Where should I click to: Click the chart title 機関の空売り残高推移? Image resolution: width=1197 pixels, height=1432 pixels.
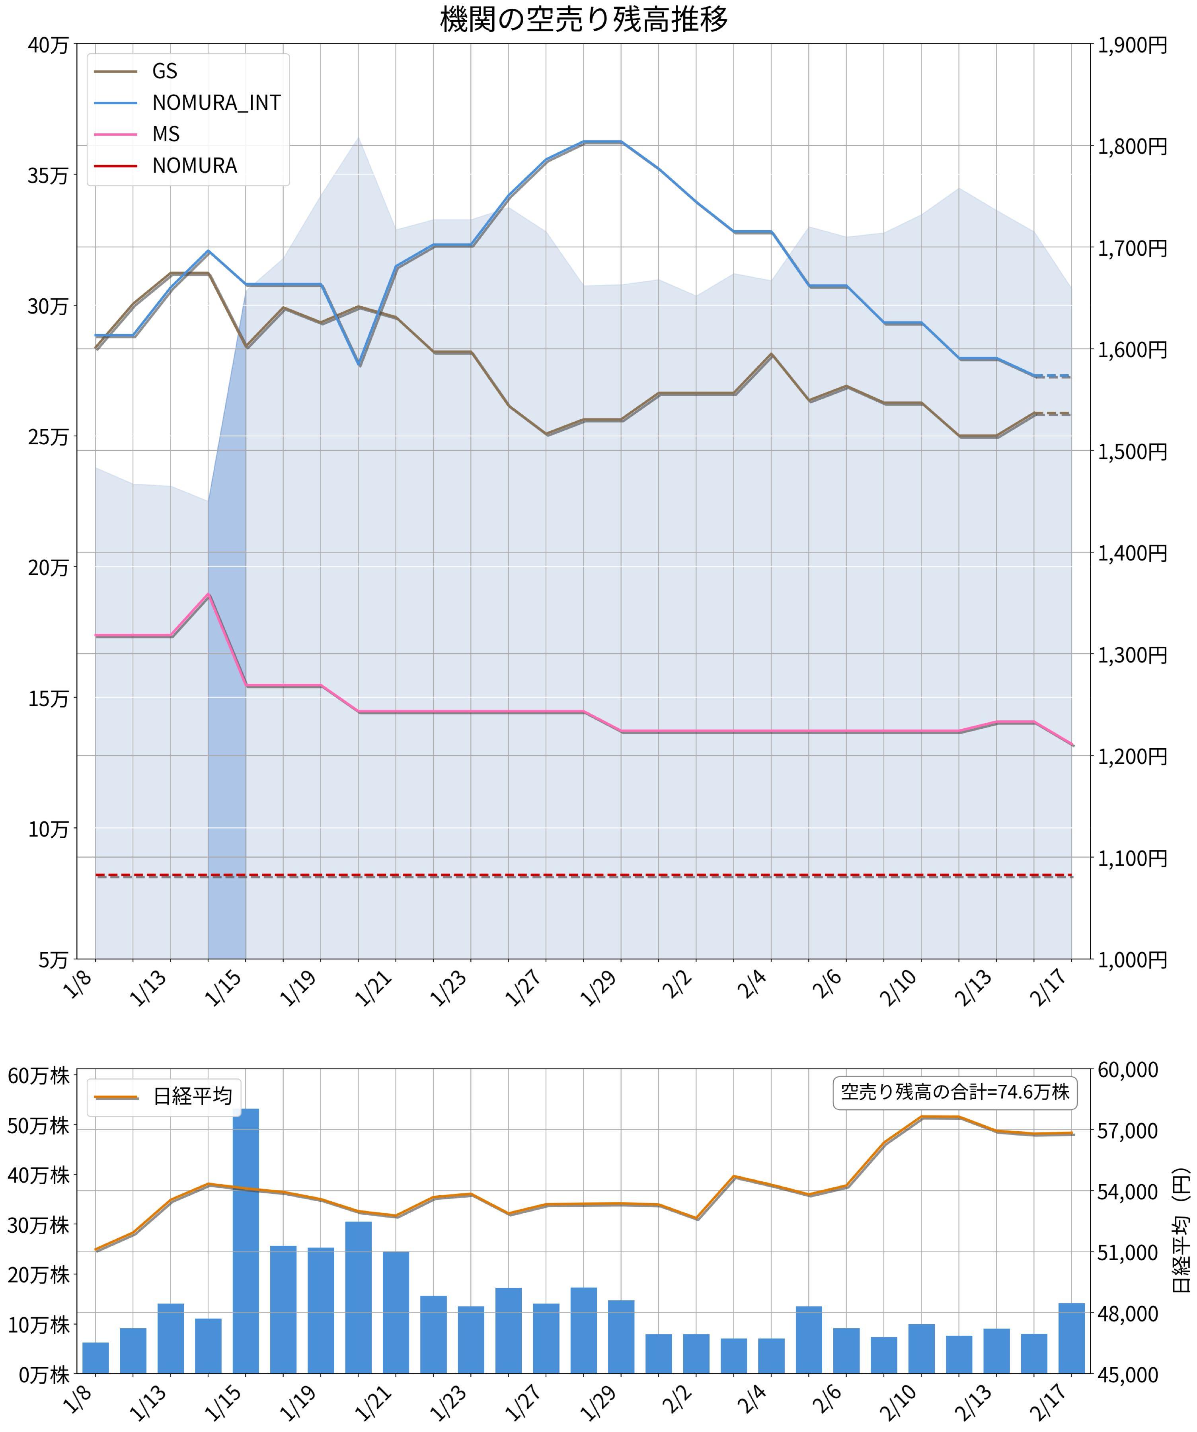(584, 19)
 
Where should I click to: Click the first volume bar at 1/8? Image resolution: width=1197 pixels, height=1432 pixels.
(96, 1357)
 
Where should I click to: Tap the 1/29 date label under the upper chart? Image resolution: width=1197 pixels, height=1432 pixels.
(600, 987)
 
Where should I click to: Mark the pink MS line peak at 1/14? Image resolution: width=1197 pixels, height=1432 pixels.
(209, 595)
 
